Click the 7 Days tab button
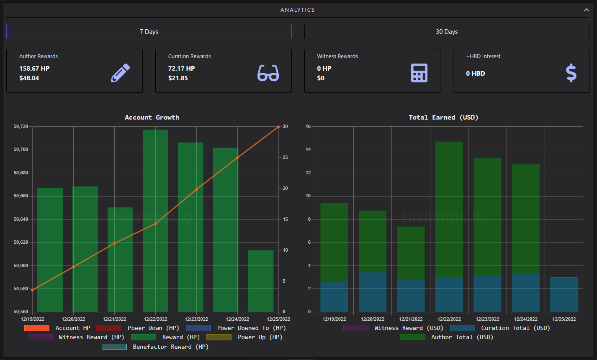tap(149, 32)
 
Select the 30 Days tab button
tap(447, 32)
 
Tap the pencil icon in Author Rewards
tap(121, 73)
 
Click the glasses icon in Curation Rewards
tap(268, 73)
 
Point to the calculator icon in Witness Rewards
tap(419, 73)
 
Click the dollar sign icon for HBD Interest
tap(571, 73)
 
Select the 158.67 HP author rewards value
tap(34, 69)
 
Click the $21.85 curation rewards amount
tap(178, 78)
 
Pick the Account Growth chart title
tap(152, 117)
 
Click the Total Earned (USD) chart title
tap(443, 117)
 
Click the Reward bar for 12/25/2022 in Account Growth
tap(261, 281)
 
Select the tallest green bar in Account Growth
tap(155, 221)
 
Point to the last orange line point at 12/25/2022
tap(278, 127)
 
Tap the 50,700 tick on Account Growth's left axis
tap(21, 150)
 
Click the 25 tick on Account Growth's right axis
tap(285, 157)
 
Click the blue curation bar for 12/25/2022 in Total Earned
tap(564, 294)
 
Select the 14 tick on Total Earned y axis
tap(308, 150)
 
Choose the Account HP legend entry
tap(57, 328)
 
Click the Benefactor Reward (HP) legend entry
tap(155, 347)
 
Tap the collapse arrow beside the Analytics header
tap(587, 10)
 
